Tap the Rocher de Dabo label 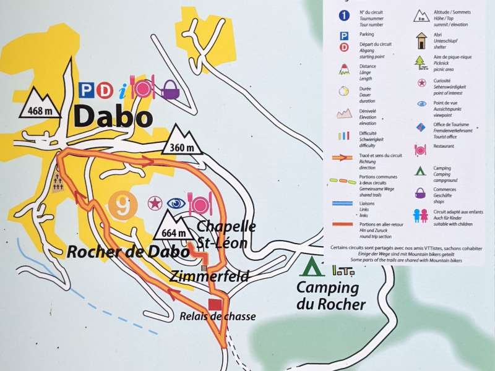click(x=127, y=252)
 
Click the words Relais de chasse click(x=217, y=317)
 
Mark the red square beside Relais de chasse click(x=215, y=304)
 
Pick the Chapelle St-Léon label click(x=223, y=233)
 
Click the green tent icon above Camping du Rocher click(x=311, y=266)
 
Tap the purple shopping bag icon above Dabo click(x=170, y=90)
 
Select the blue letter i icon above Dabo click(x=124, y=91)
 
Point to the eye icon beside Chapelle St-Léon click(x=176, y=203)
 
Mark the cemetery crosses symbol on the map click(x=58, y=182)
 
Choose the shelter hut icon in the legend click(x=421, y=41)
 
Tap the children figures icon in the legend click(x=421, y=215)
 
